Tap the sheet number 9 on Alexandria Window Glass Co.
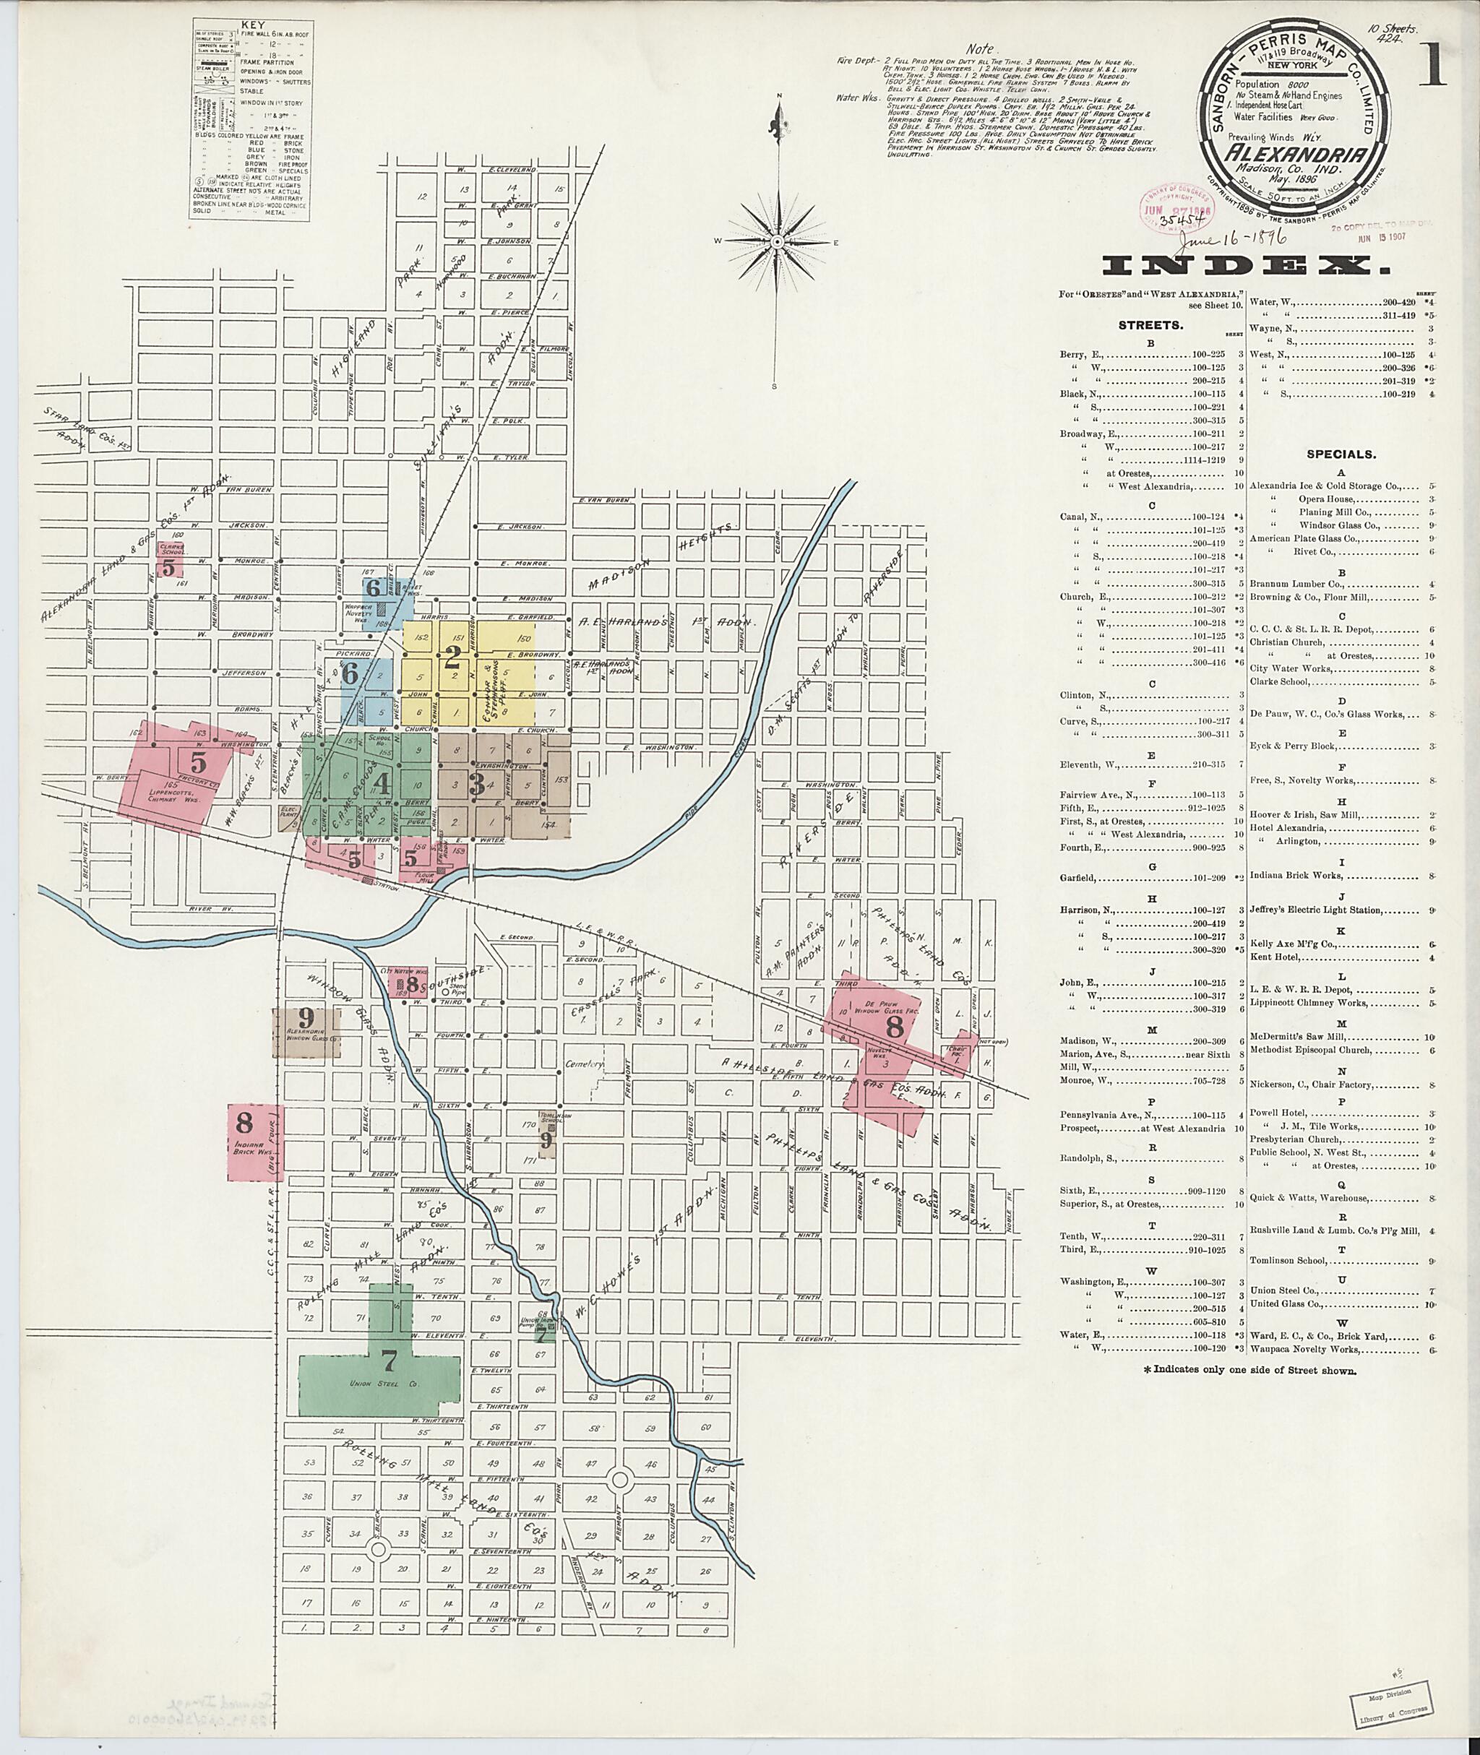(306, 1016)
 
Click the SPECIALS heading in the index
(1341, 454)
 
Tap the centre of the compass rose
(778, 241)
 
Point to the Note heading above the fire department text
(979, 48)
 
